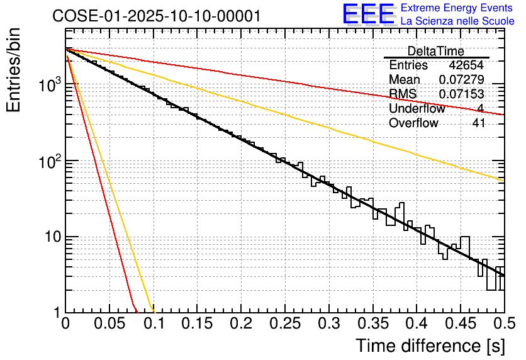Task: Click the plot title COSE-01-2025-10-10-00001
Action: click(x=156, y=16)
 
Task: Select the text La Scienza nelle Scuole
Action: click(x=457, y=21)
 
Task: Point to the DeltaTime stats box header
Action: click(x=435, y=51)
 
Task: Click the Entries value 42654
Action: click(x=466, y=65)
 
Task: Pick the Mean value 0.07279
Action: click(x=461, y=80)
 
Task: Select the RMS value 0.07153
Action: click(x=461, y=94)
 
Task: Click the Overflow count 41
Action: click(x=478, y=123)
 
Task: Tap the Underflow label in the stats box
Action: click(x=417, y=109)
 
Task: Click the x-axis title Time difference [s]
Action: click(x=429, y=346)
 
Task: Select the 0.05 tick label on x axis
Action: click(x=109, y=324)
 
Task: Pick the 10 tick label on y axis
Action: click(x=50, y=238)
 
